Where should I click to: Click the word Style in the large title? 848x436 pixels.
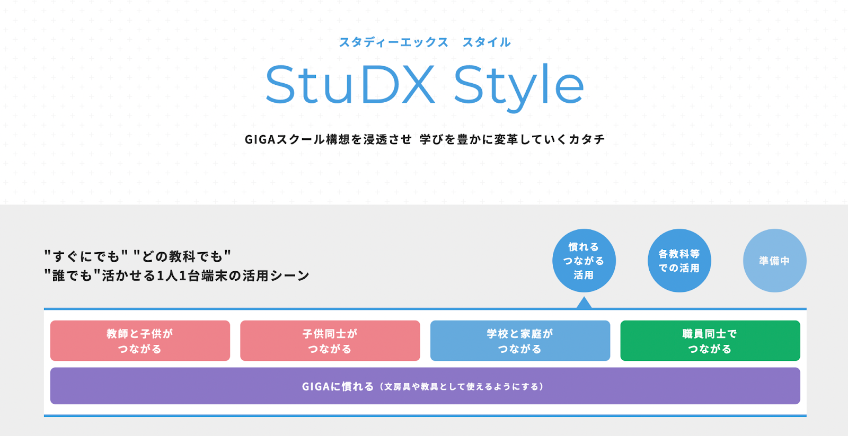(519, 87)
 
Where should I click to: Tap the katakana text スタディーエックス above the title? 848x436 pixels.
(394, 42)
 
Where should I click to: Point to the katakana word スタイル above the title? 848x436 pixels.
(487, 42)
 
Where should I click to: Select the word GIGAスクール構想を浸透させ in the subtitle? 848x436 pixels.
(328, 139)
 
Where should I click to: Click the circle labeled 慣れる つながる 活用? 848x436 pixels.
(584, 261)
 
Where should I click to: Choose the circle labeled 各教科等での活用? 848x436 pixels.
(679, 261)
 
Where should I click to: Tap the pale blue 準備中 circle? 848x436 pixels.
(774, 261)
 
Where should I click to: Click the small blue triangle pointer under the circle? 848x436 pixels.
(584, 303)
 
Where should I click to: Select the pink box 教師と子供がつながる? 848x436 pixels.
(140, 341)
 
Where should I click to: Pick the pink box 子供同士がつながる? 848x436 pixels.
(330, 341)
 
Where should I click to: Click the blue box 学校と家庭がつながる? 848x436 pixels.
(520, 341)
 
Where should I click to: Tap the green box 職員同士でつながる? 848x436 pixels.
(710, 341)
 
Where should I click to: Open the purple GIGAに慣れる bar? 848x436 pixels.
(425, 386)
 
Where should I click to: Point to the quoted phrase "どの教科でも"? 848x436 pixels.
(182, 256)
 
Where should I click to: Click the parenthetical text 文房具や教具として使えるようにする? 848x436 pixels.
(462, 386)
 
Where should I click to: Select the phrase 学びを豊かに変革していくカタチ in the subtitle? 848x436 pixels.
(512, 139)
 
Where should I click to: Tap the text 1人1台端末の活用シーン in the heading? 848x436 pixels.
(233, 275)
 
